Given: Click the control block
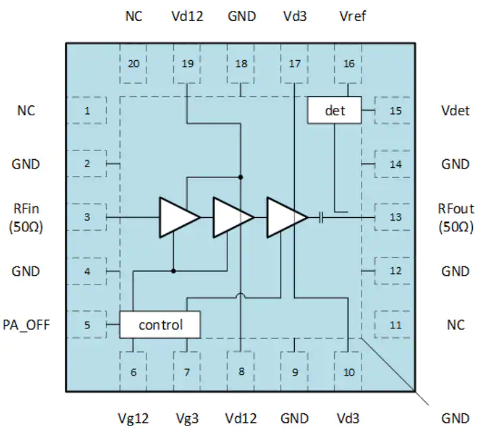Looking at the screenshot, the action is coord(160,324).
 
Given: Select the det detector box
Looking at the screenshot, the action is coord(335,111).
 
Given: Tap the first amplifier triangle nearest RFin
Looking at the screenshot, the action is coord(179,218).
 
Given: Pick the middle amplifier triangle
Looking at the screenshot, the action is coord(233,218).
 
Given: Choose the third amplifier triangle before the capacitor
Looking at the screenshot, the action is coord(287,218).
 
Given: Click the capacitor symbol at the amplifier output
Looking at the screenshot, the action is coord(321,218).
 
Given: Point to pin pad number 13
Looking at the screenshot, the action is coord(393,217).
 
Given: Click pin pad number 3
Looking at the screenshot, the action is coord(87,217).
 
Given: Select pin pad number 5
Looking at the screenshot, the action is coord(87,324).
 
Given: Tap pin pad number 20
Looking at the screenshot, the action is coord(134,63).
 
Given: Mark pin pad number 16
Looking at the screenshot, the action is coord(349,63).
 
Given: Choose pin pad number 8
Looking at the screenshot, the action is coord(241,371).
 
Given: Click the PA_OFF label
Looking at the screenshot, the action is coord(26,325).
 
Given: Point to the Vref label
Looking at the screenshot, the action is coord(353,16).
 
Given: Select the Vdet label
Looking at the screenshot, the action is coord(455,111).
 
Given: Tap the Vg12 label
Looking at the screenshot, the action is coord(134,419).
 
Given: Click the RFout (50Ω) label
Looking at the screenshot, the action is coord(456,218).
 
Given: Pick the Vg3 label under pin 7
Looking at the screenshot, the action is coord(187,419).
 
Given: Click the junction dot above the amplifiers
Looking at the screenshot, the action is coord(241,177).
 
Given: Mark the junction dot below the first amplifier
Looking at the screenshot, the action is coord(173,271).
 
